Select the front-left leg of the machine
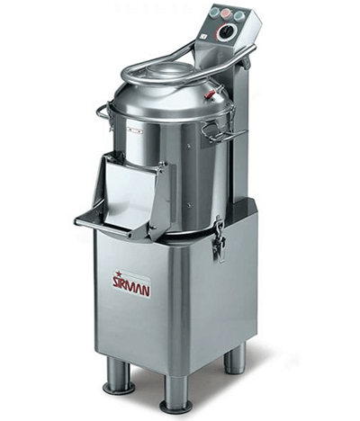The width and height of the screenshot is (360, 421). [117, 376]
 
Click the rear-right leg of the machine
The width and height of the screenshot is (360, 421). [235, 358]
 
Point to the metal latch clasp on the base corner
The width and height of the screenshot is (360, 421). [217, 240]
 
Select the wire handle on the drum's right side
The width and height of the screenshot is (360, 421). [216, 133]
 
